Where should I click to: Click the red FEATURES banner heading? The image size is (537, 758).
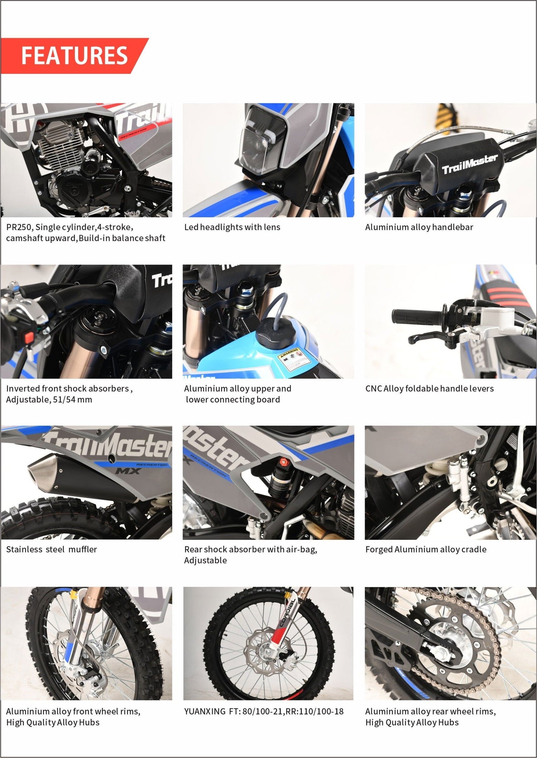click(x=74, y=55)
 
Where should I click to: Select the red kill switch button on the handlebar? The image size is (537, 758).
click(x=29, y=338)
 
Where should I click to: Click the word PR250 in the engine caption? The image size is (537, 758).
click(x=19, y=227)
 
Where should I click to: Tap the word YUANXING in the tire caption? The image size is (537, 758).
click(x=205, y=712)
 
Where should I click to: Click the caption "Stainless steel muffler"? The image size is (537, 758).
click(x=51, y=549)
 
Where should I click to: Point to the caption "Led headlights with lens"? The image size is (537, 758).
click(x=232, y=227)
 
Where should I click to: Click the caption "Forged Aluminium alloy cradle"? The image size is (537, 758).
click(x=426, y=549)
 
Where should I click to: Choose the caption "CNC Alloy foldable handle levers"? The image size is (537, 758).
click(x=430, y=388)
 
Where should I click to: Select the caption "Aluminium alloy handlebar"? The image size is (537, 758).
click(x=419, y=227)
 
